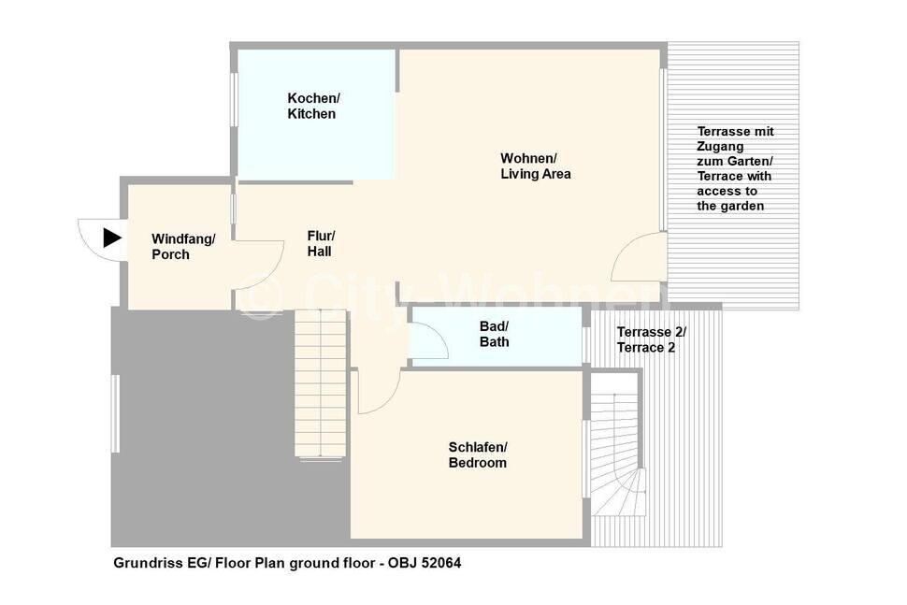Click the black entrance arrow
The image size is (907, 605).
(111, 238)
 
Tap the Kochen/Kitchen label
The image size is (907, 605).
(313, 106)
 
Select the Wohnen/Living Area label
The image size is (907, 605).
(536, 166)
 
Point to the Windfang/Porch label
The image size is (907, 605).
(183, 247)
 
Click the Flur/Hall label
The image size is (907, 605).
(321, 243)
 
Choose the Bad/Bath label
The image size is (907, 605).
(494, 335)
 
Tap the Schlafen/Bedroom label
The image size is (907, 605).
(478, 454)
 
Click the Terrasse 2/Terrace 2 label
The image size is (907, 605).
(652, 339)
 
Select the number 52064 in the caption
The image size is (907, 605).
(441, 563)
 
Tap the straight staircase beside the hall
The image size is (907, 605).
(321, 383)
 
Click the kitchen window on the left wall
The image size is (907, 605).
(234, 99)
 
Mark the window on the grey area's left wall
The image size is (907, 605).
(116, 413)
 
